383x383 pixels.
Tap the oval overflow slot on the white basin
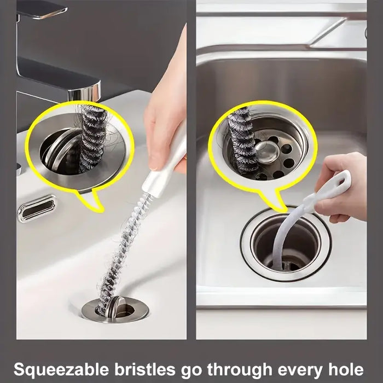coord(37,208)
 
